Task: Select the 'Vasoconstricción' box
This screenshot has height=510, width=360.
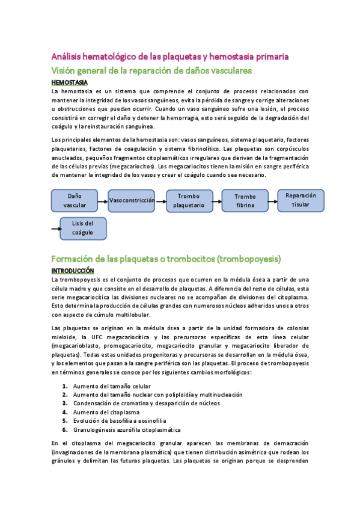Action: pyautogui.click(x=132, y=200)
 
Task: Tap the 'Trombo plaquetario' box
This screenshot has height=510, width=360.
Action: pyautogui.click(x=189, y=200)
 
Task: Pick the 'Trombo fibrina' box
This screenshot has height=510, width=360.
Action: pyautogui.click(x=245, y=200)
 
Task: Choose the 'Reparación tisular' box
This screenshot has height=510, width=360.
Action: pyautogui.click(x=301, y=200)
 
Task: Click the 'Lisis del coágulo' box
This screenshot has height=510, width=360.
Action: pyautogui.click(x=83, y=228)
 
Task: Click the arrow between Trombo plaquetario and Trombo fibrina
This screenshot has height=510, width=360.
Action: pyautogui.click(x=216, y=200)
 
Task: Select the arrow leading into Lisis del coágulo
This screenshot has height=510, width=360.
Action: pyautogui.click(x=56, y=229)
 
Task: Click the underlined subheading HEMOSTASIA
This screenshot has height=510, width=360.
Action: pyautogui.click(x=70, y=82)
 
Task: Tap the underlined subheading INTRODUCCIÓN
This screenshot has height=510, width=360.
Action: pyautogui.click(x=73, y=271)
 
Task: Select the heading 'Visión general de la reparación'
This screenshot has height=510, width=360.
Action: pyautogui.click(x=151, y=70)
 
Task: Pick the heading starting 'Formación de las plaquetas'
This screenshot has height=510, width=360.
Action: pyautogui.click(x=166, y=259)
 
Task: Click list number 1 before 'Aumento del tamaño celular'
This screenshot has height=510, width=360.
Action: pyautogui.click(x=64, y=386)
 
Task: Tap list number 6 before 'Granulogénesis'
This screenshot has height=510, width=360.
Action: pyautogui.click(x=64, y=430)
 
